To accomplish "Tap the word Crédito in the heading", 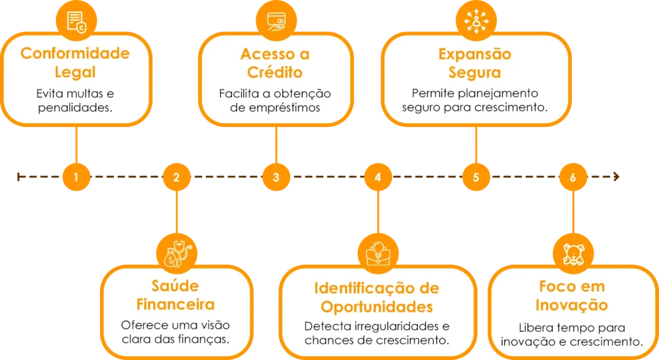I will tap(275, 71).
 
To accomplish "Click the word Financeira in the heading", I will tap(176, 303).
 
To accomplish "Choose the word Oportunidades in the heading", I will tap(376, 305).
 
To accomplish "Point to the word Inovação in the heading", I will tap(573, 305).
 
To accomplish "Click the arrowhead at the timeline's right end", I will tap(618, 176).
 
